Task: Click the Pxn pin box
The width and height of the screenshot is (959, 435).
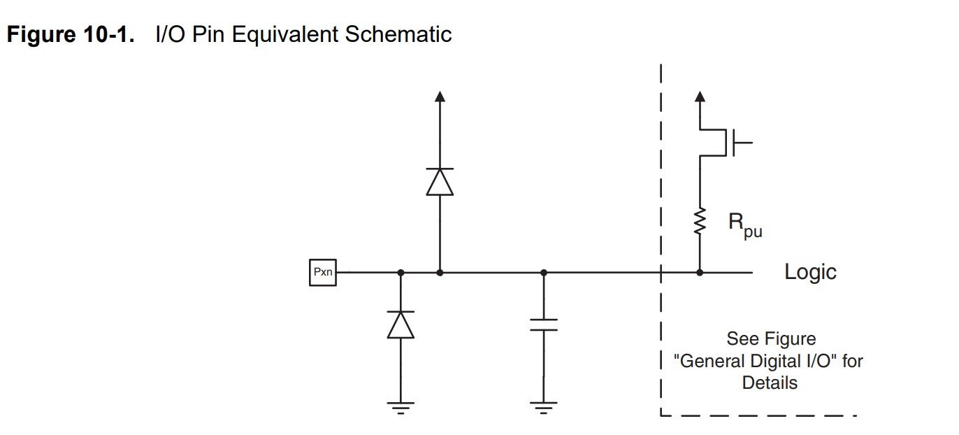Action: (322, 273)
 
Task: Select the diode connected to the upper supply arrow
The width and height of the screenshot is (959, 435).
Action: (440, 182)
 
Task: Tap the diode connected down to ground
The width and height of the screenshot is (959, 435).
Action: (401, 325)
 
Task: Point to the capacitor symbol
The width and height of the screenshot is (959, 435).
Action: (544, 325)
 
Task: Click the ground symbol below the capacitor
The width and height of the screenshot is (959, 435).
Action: (544, 406)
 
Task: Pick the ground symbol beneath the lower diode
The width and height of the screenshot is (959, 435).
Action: (401, 406)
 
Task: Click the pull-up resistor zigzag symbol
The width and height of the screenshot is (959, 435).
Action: (700, 222)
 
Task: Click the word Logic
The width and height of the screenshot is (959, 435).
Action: (810, 272)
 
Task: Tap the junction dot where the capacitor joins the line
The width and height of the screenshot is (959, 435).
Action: (544, 273)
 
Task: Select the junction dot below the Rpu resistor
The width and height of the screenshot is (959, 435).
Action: (700, 273)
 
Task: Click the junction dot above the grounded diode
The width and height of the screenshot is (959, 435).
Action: (401, 273)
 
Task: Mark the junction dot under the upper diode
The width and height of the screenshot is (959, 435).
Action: (440, 273)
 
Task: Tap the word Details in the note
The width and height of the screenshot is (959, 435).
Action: (770, 383)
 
